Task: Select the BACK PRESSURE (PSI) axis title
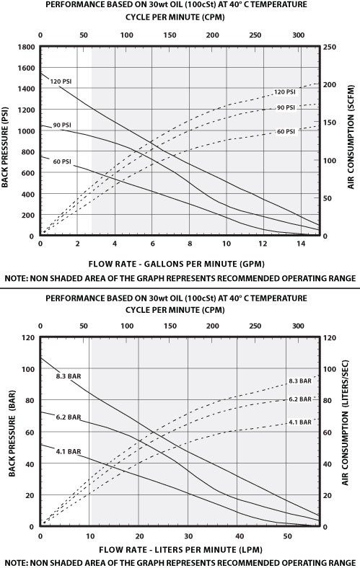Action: coord(6,141)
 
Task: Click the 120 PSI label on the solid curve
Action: coord(59,81)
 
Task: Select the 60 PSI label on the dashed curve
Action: coord(286,132)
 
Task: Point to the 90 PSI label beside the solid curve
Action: coord(60,125)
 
